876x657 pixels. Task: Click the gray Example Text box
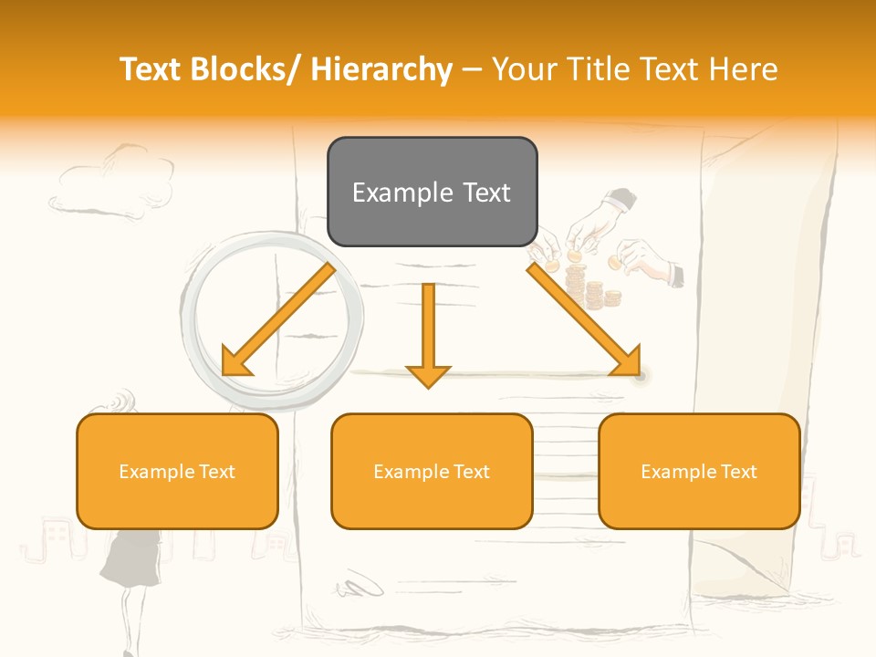[432, 192]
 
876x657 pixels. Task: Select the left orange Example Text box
[177, 471]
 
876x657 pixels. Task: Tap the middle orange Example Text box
[432, 471]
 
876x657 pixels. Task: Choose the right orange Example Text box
[699, 471]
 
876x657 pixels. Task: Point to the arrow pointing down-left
[278, 319]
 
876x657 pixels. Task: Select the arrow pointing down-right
[584, 319]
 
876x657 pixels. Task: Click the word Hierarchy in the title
[381, 69]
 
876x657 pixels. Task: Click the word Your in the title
[524, 69]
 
